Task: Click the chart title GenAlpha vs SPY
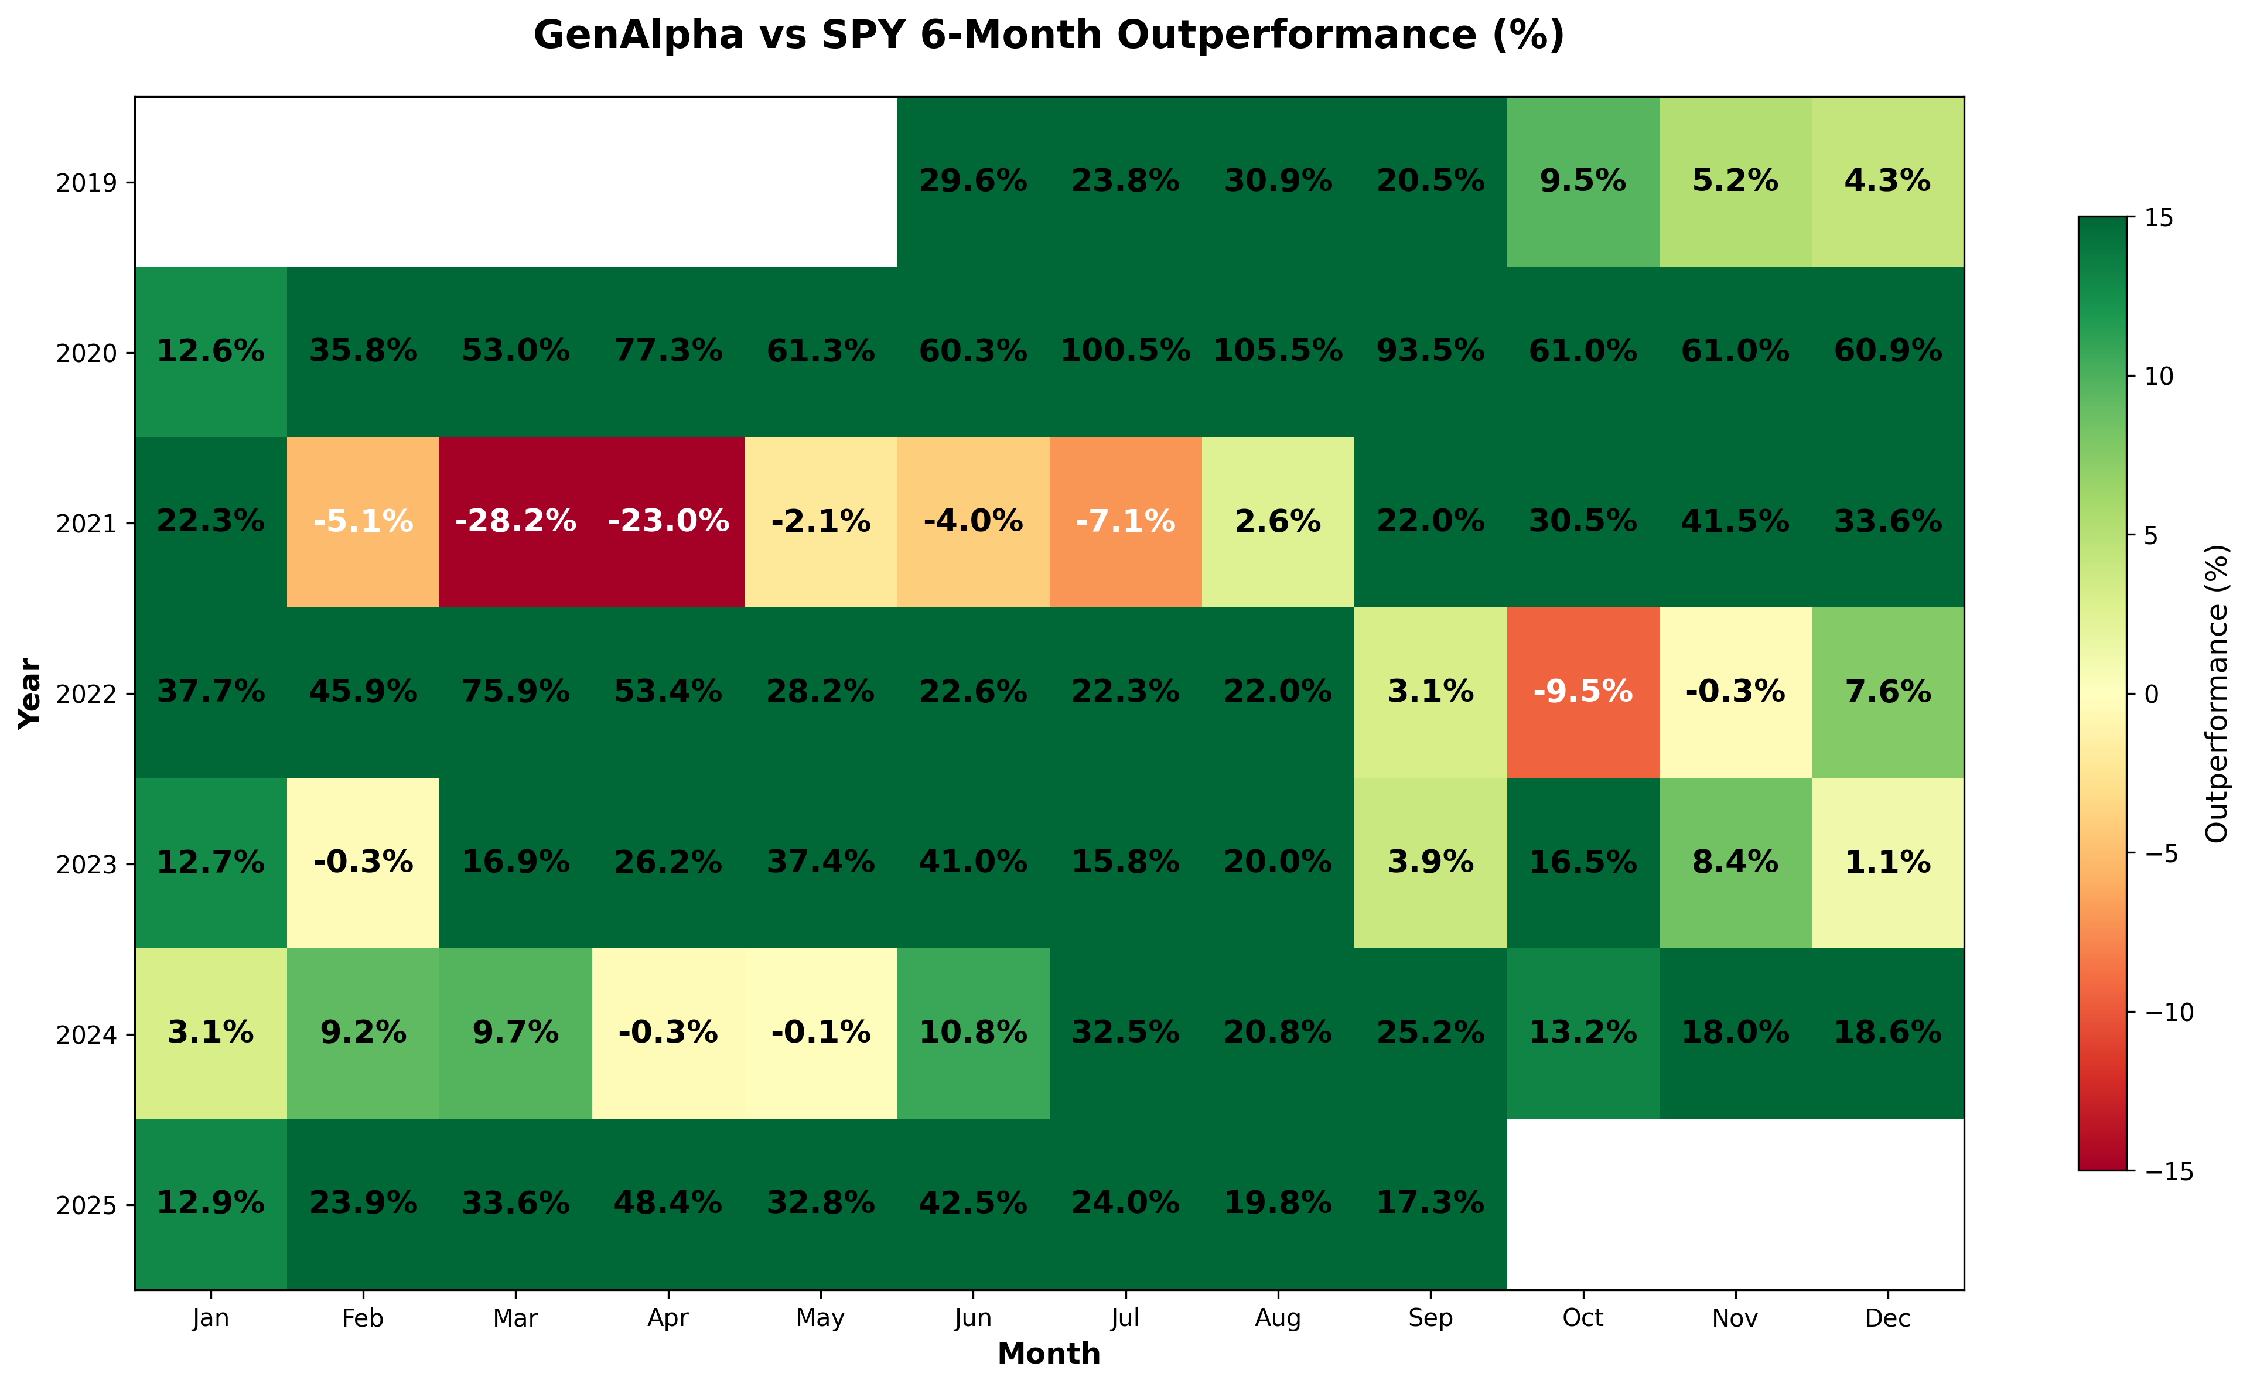click(1049, 36)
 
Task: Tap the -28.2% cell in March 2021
click(515, 521)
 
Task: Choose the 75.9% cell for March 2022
click(515, 692)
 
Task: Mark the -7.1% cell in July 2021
click(1125, 521)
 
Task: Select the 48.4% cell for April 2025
click(668, 1202)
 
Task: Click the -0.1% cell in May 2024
click(820, 1033)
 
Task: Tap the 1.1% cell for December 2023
click(1887, 862)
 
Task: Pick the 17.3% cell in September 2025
click(1430, 1202)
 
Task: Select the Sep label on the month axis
click(1430, 1318)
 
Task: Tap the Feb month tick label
click(363, 1318)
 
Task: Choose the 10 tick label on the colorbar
click(2160, 376)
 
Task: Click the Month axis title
click(1049, 1354)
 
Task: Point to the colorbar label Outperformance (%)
click(2217, 693)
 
